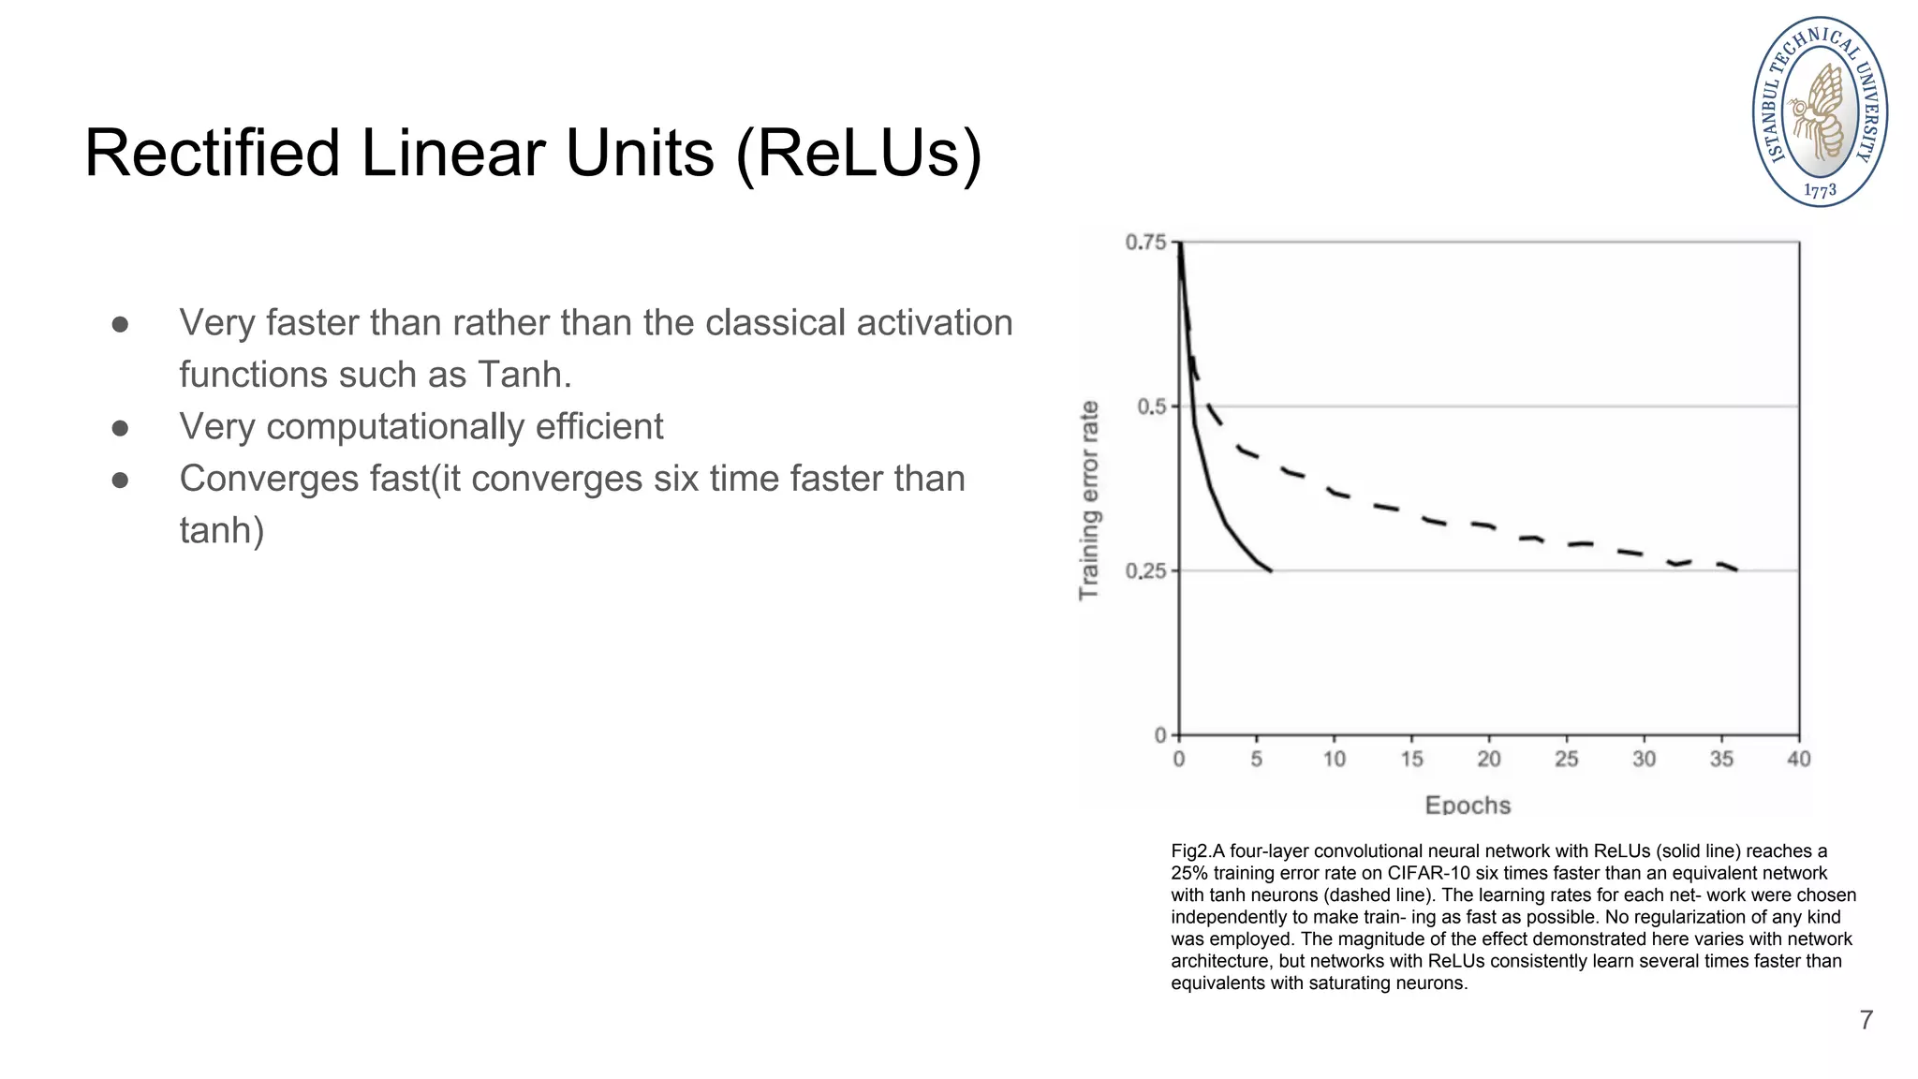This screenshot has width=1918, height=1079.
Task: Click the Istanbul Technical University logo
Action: (1820, 111)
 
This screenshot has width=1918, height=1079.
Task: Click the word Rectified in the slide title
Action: (212, 154)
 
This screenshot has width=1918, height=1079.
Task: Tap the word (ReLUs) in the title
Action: (859, 155)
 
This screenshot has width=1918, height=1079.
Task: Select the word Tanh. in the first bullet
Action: (524, 375)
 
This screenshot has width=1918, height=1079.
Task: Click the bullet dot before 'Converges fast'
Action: (120, 480)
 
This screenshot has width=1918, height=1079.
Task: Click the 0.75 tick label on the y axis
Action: (1145, 243)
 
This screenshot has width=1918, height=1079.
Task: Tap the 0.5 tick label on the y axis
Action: (1151, 406)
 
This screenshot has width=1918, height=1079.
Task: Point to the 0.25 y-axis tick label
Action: (1145, 571)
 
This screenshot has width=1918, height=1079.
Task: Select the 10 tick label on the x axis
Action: (1334, 760)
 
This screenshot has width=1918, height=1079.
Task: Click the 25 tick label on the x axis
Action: (1566, 760)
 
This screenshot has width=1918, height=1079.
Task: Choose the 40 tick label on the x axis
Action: (1798, 760)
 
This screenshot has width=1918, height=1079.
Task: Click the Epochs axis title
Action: (1468, 806)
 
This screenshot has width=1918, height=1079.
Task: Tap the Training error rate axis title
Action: (1088, 500)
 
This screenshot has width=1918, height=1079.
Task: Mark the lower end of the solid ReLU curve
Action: (1270, 569)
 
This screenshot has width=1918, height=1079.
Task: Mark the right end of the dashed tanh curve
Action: (1737, 569)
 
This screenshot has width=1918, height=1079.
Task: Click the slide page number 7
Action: (1866, 1020)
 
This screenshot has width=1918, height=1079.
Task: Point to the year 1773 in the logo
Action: (1820, 191)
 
